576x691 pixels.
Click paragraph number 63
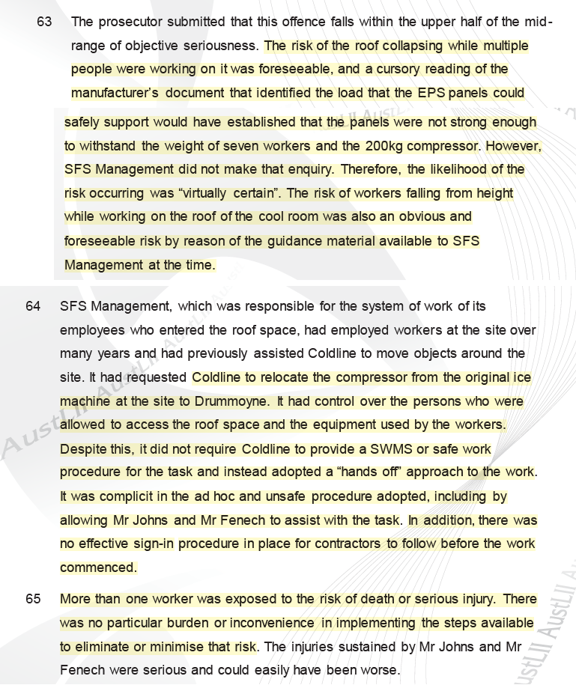point(44,22)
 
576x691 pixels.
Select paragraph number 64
point(33,306)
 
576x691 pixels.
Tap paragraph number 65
point(33,599)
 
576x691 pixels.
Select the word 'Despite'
point(82,449)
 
